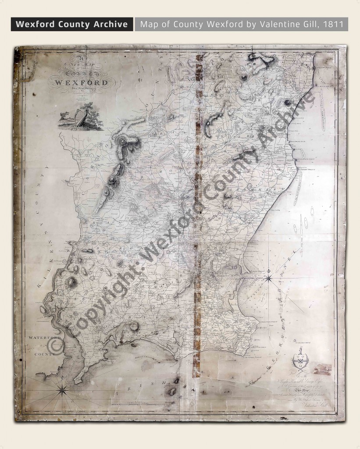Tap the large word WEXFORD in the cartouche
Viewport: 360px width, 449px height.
[80, 82]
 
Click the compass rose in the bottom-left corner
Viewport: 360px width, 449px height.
[62, 388]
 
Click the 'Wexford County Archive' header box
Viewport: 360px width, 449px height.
[72, 24]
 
